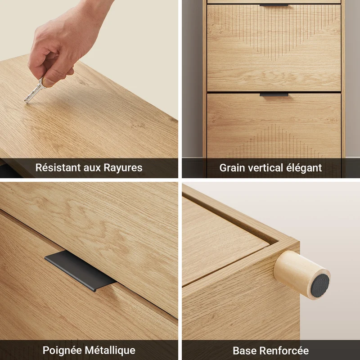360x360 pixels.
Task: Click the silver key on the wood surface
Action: pos(35,91)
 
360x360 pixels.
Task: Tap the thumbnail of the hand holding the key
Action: pos(89,89)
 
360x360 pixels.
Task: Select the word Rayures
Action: pos(123,168)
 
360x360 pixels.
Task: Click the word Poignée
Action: pos(62,351)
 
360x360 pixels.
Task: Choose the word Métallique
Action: pos(110,351)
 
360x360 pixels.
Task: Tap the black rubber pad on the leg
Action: pos(320,286)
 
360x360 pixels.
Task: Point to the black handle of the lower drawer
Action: pos(274,95)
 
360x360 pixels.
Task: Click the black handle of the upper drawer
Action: pos(274,5)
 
